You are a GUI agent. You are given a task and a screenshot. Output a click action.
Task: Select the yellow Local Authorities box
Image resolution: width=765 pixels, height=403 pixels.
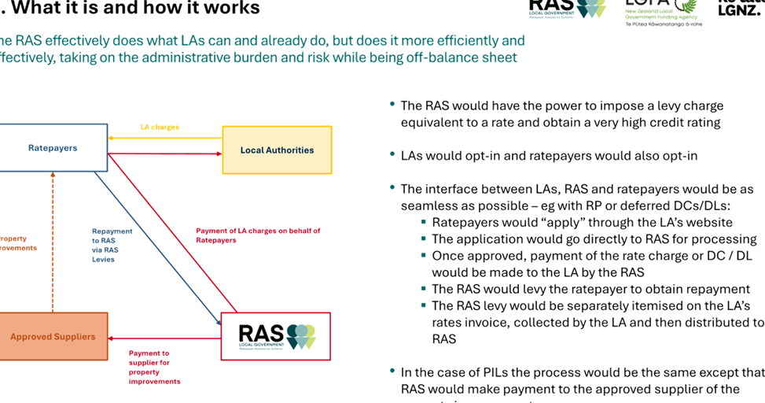click(277, 150)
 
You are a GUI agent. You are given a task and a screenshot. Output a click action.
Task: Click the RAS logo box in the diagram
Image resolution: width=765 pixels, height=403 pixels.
click(276, 336)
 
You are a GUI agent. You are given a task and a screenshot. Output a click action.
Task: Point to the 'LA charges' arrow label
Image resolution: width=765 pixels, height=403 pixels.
click(160, 127)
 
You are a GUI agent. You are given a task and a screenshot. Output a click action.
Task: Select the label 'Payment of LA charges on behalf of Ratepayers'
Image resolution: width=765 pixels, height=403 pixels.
click(258, 235)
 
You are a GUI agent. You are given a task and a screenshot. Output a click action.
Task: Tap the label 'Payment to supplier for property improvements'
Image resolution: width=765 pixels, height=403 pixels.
click(154, 368)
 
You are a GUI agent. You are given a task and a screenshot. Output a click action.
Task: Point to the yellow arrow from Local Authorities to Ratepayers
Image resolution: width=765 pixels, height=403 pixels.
click(165, 138)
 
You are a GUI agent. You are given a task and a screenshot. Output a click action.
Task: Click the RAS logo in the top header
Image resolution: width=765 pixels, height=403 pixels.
click(568, 9)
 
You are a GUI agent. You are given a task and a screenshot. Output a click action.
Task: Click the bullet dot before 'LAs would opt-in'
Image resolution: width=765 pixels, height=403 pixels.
click(392, 153)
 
